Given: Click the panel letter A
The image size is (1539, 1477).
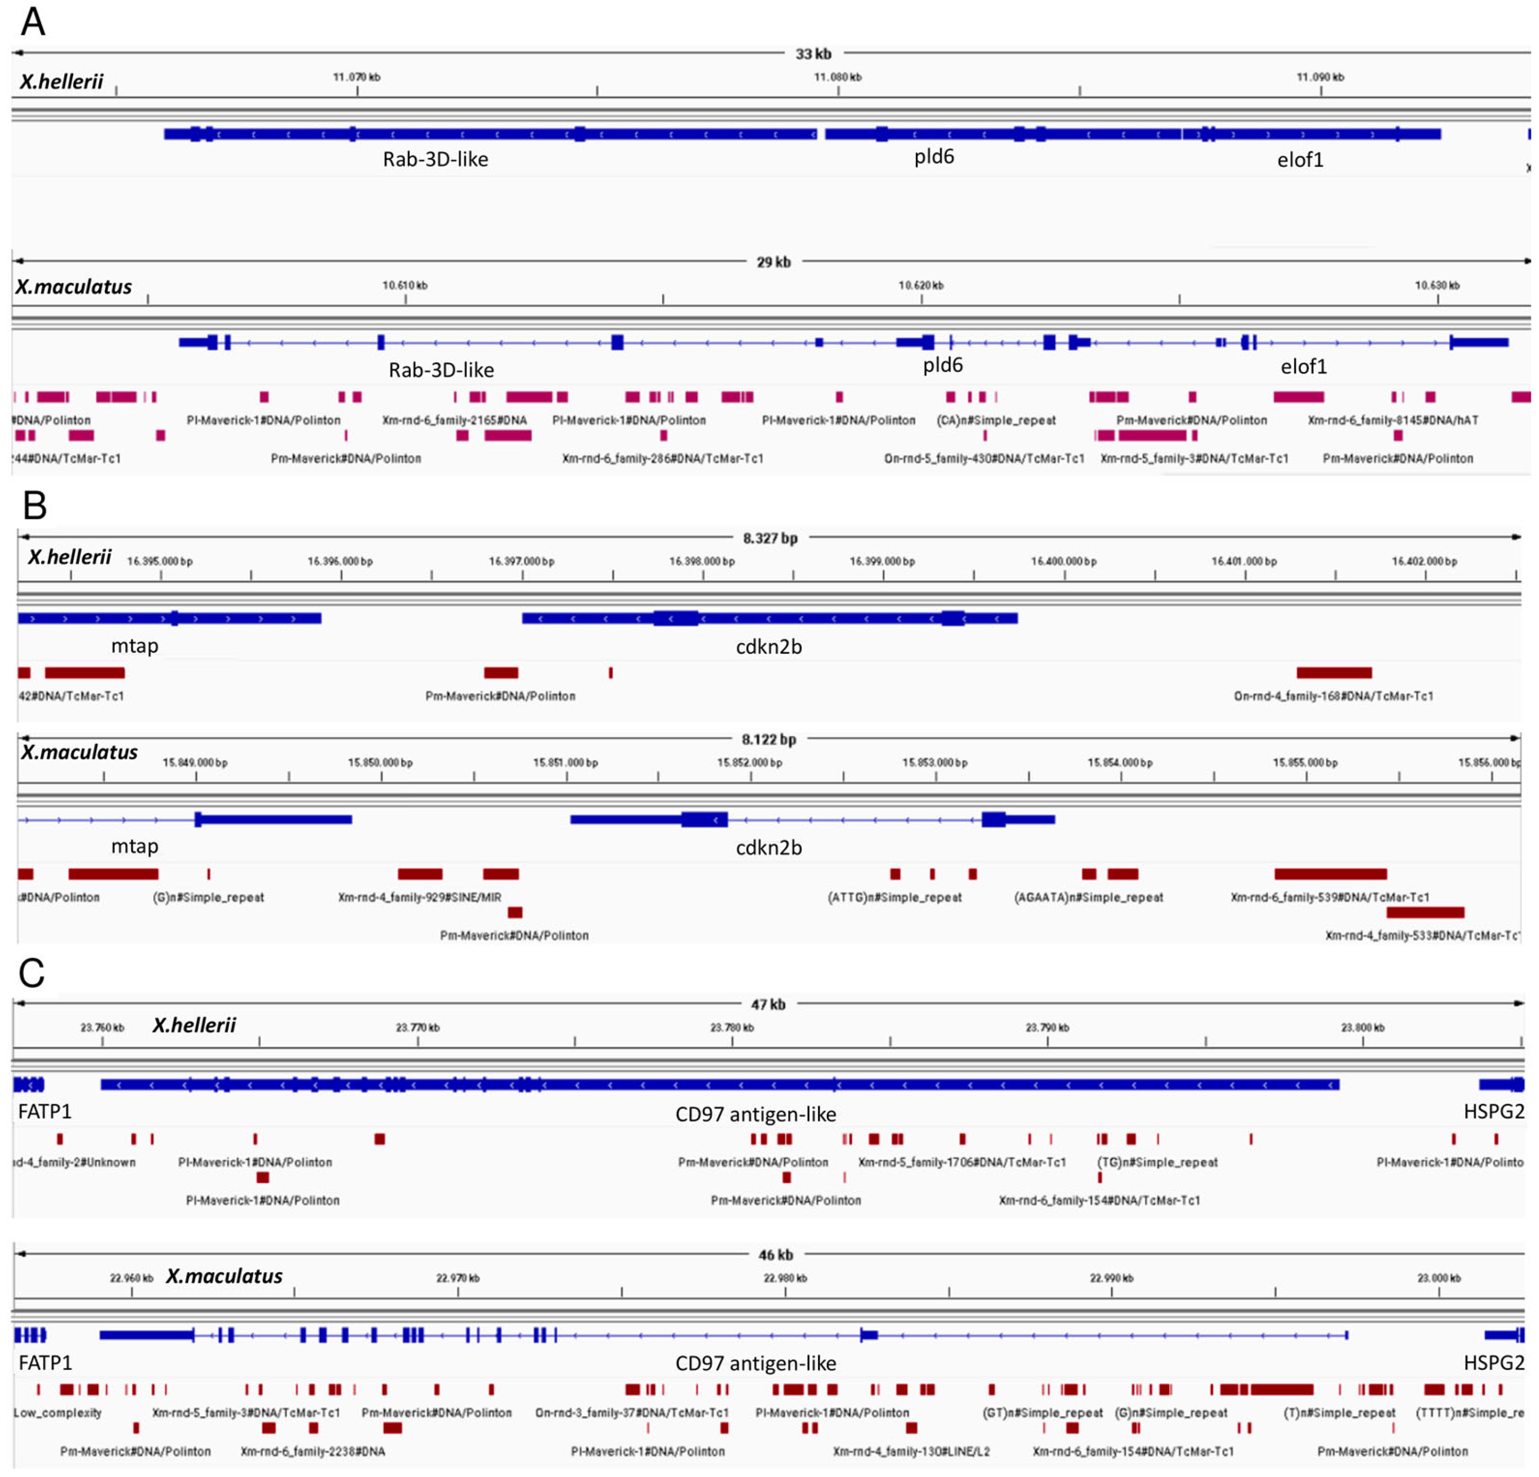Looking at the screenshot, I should [32, 22].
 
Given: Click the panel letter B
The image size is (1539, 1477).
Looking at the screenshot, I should [34, 505].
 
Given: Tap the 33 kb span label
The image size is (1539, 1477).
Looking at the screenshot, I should [812, 54].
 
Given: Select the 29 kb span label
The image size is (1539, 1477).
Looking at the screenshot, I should [773, 262].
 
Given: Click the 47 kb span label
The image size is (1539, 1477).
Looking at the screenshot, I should [768, 1004].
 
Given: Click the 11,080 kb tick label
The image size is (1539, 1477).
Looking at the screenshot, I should [837, 77].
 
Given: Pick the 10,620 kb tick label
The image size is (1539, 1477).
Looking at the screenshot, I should [921, 285].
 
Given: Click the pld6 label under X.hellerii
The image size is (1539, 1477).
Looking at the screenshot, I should [934, 157].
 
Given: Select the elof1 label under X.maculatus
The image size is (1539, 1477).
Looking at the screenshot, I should [1303, 366].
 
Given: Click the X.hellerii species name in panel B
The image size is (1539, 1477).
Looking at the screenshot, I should [70, 557].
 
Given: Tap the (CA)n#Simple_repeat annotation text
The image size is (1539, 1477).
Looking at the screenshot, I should [995, 420].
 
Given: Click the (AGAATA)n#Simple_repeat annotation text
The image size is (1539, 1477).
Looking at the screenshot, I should [1088, 897].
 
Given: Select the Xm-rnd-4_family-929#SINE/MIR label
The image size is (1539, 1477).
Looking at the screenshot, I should [419, 897].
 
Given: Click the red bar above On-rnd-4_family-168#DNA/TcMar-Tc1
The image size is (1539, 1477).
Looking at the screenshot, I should [1333, 672].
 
